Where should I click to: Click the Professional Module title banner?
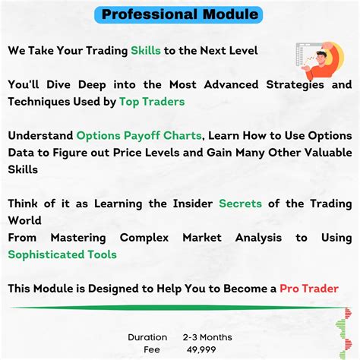click(x=180, y=14)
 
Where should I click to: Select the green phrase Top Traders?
click(x=152, y=101)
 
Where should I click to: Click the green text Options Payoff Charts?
click(x=139, y=136)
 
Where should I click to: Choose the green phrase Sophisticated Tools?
click(x=62, y=254)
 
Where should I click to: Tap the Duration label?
click(x=147, y=337)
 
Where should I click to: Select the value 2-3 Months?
click(x=207, y=337)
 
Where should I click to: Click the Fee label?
click(x=152, y=349)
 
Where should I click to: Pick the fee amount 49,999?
click(x=201, y=349)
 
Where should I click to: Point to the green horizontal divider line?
click(x=167, y=308)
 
